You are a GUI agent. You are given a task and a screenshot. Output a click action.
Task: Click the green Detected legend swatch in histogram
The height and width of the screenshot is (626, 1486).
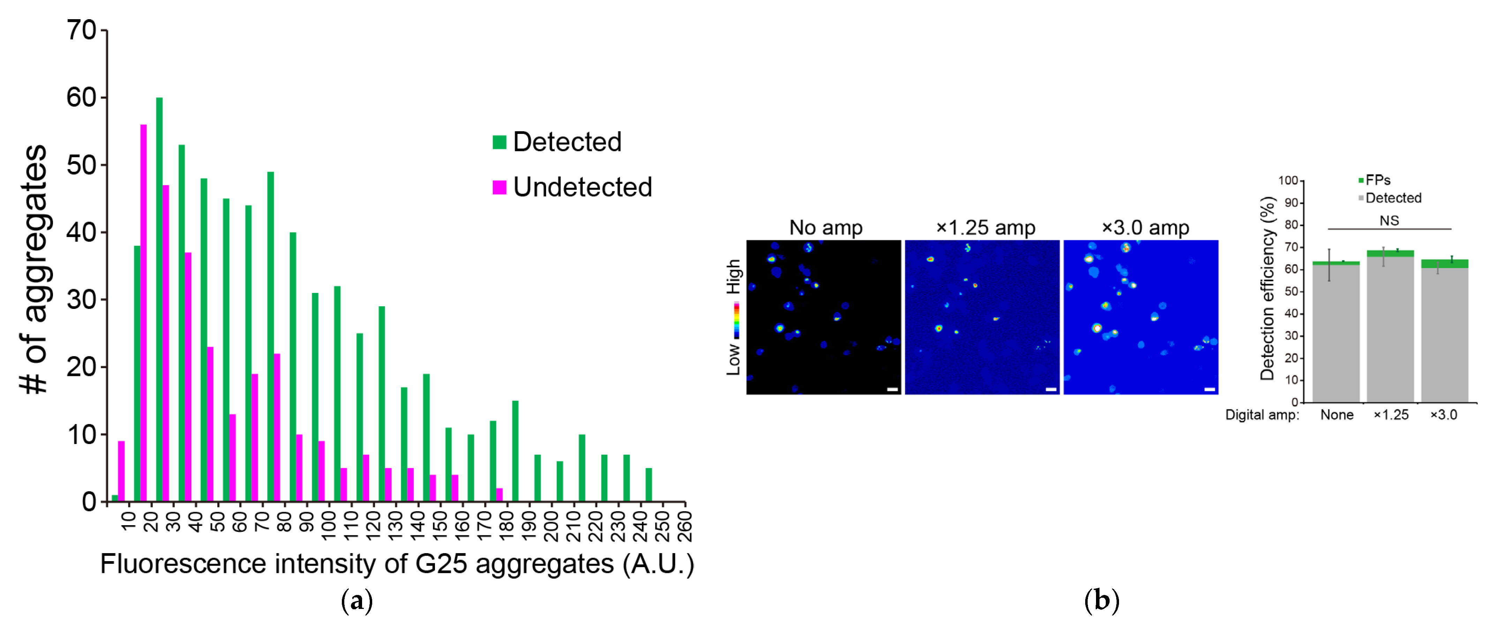(499, 142)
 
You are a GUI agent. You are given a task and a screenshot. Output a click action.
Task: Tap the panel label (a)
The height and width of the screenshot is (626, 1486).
(357, 601)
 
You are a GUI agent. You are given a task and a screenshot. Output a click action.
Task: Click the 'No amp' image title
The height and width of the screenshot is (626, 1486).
(825, 227)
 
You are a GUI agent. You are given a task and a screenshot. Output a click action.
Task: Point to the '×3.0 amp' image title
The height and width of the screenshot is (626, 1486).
(1145, 227)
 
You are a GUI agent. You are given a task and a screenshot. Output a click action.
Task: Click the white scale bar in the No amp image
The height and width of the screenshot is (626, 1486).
(892, 390)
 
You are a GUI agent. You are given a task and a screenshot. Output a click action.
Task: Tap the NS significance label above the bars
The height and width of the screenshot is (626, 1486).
(1389, 220)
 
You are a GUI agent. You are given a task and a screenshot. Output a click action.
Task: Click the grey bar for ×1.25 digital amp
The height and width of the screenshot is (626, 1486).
(1390, 329)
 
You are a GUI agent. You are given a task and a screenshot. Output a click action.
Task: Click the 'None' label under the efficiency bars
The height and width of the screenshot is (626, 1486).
(1337, 415)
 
